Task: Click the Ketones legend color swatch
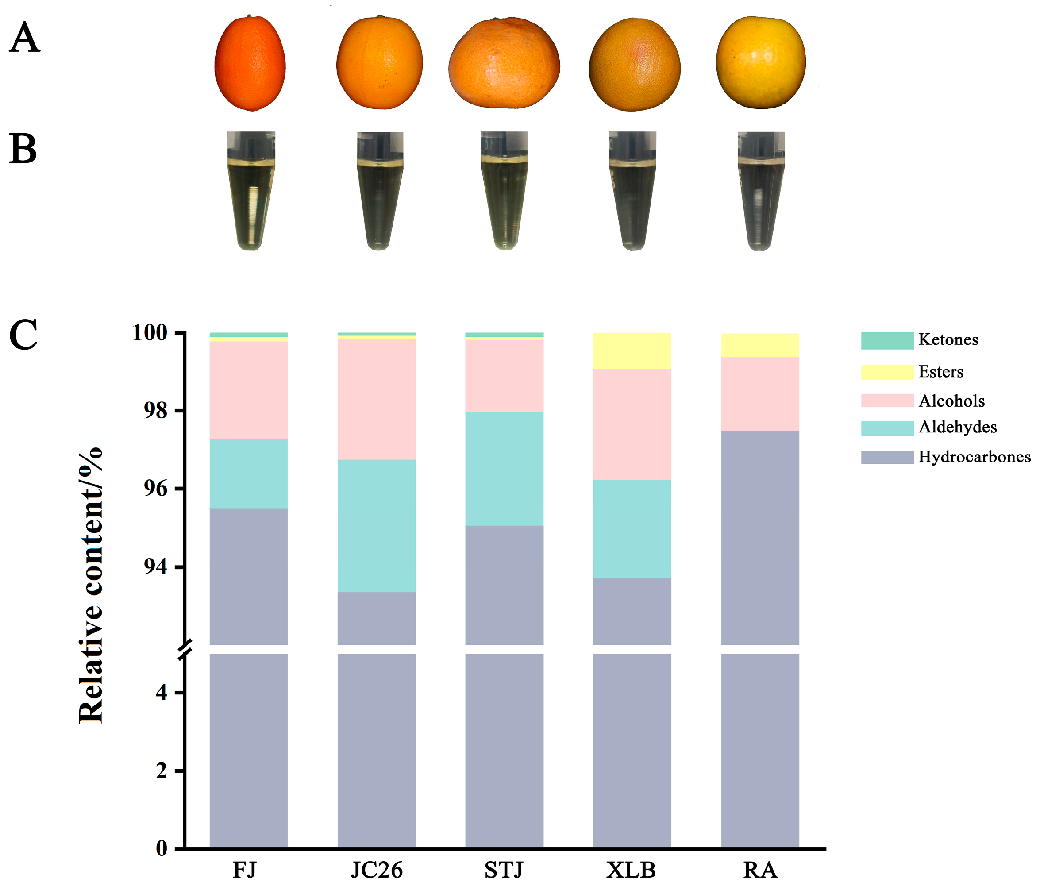(x=887, y=340)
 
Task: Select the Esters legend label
(x=940, y=371)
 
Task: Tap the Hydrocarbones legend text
(x=974, y=457)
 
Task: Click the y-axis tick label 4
(x=162, y=693)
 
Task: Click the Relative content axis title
(x=91, y=585)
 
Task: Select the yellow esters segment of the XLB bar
(x=632, y=351)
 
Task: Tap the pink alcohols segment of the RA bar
(x=760, y=393)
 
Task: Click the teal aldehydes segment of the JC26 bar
(x=377, y=526)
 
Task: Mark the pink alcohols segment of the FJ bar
(x=248, y=389)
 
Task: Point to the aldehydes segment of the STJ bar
(x=504, y=469)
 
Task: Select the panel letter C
(x=23, y=335)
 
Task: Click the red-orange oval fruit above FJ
(x=250, y=63)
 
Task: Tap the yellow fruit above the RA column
(x=760, y=62)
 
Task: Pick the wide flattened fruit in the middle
(x=504, y=63)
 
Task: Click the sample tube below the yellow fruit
(x=761, y=191)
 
